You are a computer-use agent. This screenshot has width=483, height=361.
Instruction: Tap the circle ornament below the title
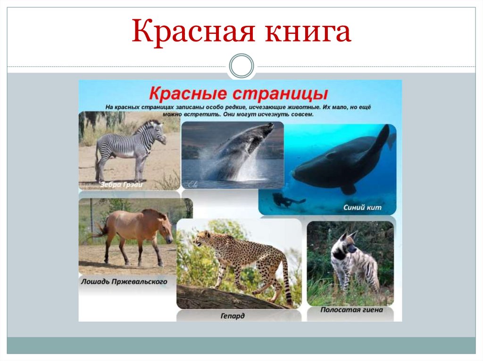(241, 65)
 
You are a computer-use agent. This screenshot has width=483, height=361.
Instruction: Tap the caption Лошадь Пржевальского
(124, 282)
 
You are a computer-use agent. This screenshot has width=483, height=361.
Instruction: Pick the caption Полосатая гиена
(351, 310)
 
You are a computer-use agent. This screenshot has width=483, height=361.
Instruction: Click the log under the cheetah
(226, 297)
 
